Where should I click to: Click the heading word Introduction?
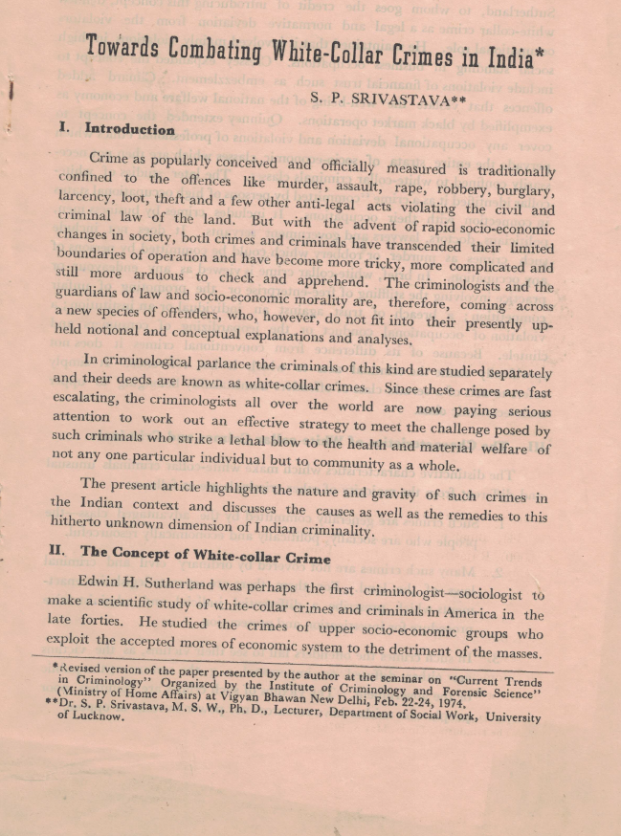(129, 128)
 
